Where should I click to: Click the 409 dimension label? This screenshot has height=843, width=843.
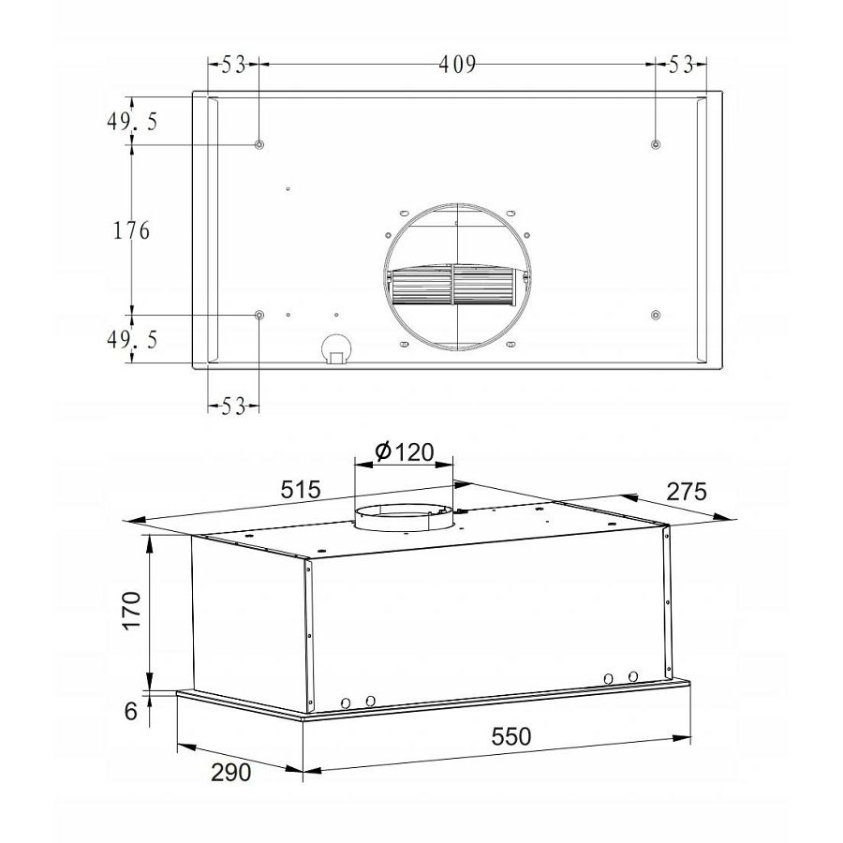(456, 64)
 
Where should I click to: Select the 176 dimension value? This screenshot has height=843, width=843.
(131, 229)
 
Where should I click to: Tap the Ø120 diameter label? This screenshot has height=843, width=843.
(405, 452)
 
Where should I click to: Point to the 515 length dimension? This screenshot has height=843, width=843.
(301, 490)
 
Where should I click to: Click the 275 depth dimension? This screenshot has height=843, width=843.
(686, 491)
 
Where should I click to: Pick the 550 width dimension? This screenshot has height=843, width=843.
(511, 737)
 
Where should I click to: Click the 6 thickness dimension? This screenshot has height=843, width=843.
(130, 711)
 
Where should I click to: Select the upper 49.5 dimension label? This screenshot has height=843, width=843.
(131, 122)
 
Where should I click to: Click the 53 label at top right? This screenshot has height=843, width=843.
(681, 64)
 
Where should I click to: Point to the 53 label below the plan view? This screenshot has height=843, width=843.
(233, 406)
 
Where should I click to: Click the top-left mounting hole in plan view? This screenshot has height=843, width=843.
(259, 145)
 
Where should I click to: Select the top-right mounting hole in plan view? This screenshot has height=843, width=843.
(656, 144)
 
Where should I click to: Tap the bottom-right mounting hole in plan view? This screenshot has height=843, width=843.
(656, 314)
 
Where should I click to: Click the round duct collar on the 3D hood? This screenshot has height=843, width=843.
(403, 519)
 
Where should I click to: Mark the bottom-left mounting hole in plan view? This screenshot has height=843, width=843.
(259, 315)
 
